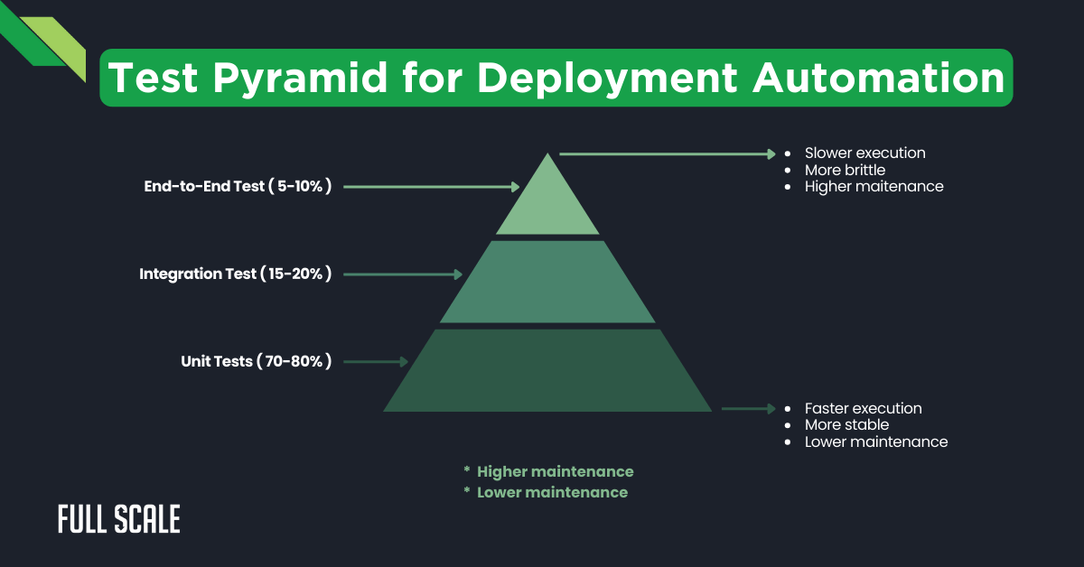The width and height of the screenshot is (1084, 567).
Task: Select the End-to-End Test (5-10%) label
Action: [x=238, y=187]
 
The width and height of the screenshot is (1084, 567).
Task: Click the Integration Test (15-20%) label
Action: [x=236, y=274]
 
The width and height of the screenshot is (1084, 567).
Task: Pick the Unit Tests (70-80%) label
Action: [x=257, y=361]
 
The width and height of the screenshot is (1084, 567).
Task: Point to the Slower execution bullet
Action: [x=864, y=153]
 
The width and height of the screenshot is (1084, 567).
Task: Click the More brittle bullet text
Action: [x=845, y=170]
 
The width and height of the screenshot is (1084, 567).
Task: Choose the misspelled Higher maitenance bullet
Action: [x=874, y=187]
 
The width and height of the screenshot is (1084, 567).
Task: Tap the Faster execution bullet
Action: [x=863, y=408]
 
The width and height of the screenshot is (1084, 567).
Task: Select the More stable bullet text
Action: [x=846, y=424]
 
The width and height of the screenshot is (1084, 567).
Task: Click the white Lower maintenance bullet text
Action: [x=875, y=442]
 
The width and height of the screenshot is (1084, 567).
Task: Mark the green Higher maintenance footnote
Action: [x=555, y=471]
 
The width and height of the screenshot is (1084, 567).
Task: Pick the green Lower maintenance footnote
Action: [x=552, y=492]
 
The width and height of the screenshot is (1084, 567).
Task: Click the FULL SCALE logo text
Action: [x=119, y=519]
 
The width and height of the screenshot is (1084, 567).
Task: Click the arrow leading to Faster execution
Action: [x=748, y=409]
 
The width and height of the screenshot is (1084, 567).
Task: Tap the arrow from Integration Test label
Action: [x=403, y=274]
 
